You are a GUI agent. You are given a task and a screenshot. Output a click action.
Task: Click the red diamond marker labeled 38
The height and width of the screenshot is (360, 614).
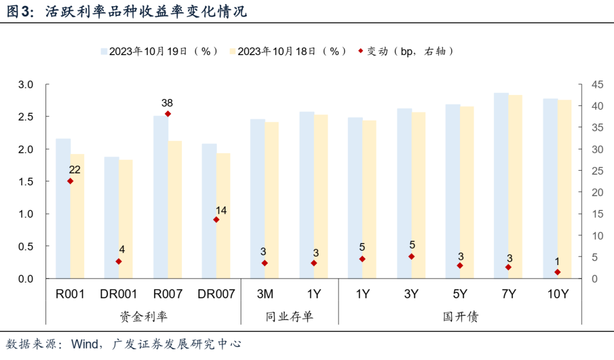(167, 114)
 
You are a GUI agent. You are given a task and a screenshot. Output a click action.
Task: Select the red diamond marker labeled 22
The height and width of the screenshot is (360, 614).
(70, 181)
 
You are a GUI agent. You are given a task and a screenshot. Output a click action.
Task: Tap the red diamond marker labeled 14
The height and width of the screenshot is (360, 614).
(216, 220)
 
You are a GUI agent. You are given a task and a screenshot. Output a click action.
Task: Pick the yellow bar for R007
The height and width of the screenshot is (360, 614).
(175, 210)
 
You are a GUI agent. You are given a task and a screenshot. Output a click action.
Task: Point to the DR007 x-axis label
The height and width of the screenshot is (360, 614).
(216, 295)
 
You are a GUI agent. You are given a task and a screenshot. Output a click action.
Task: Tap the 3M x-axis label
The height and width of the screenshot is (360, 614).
(265, 295)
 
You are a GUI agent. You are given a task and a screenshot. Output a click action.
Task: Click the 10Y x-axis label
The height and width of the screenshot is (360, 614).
(557, 295)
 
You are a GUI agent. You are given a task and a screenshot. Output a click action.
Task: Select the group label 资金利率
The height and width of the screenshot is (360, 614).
(143, 316)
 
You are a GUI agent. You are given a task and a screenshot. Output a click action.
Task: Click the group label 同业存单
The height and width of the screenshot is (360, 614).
(289, 316)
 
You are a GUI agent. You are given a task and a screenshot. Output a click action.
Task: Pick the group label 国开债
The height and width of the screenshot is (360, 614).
(460, 316)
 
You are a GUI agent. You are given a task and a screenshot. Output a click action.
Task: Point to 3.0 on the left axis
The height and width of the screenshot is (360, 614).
(27, 85)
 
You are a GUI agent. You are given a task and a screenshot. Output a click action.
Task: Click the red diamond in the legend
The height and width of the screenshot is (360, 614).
(361, 51)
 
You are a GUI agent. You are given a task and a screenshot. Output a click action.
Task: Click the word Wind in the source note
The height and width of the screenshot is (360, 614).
(85, 345)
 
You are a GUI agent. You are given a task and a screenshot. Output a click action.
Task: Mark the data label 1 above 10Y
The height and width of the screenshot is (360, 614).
(557, 262)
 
